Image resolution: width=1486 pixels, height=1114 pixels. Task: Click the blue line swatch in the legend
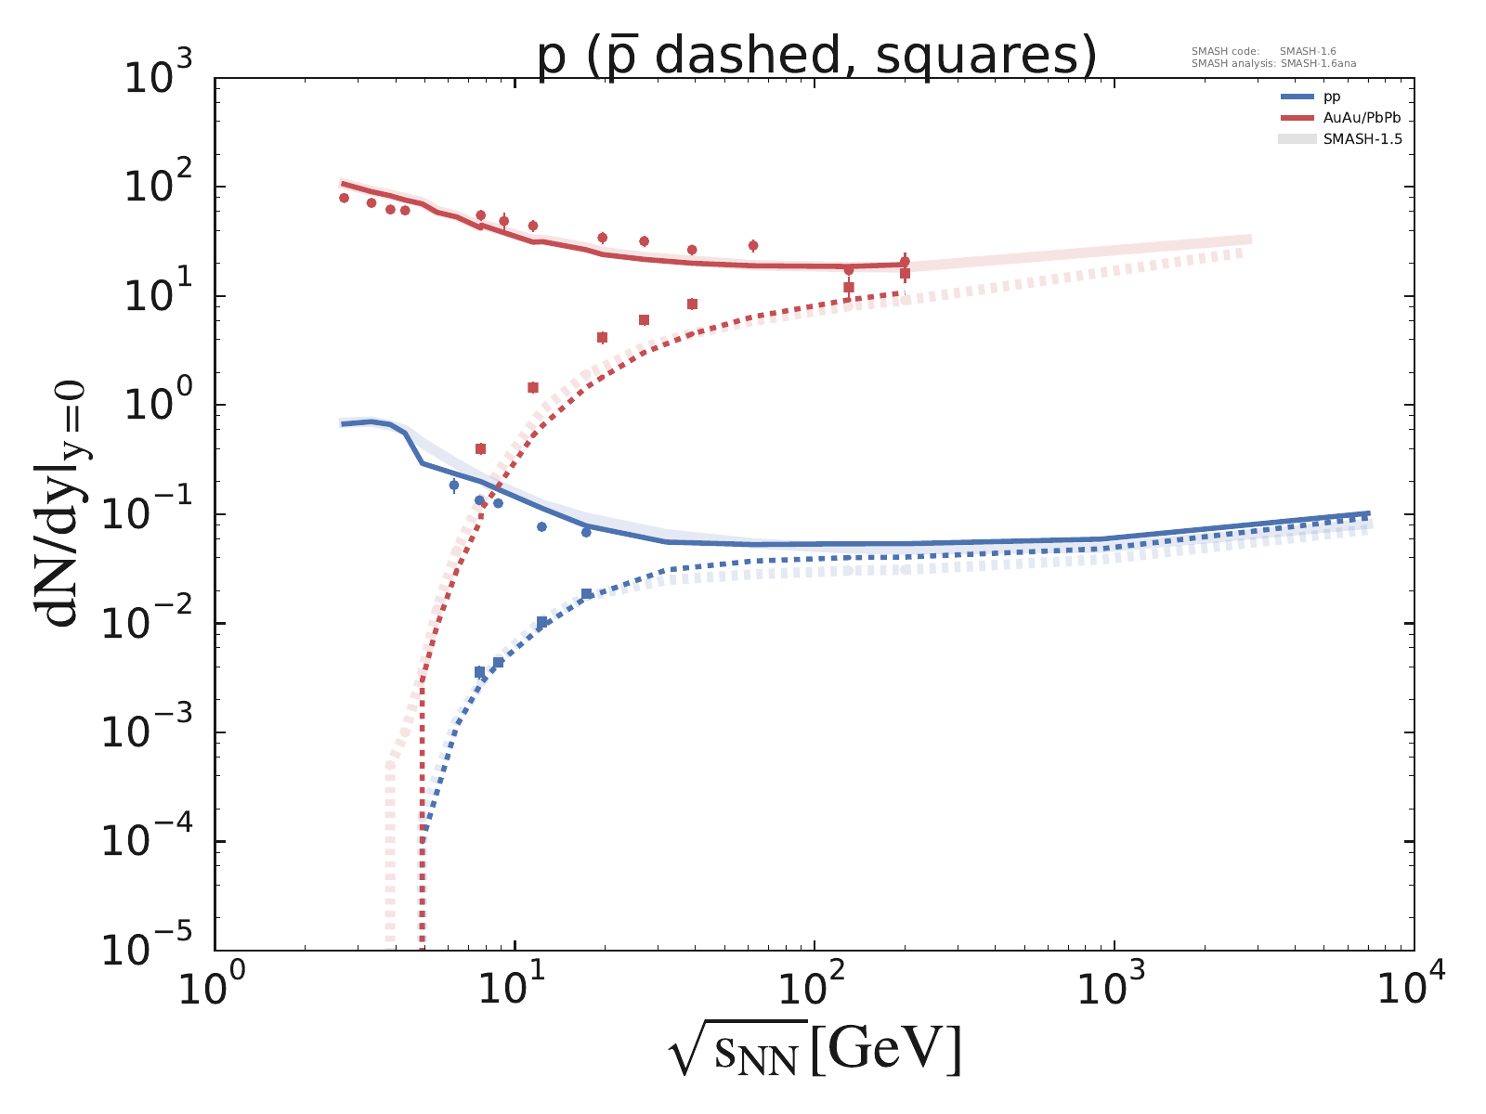pos(1297,97)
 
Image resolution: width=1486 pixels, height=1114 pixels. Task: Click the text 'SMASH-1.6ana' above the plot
pos(1318,64)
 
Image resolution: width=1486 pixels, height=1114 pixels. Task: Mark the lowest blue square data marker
pos(479,671)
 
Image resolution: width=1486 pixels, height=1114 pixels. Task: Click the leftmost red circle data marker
pos(344,198)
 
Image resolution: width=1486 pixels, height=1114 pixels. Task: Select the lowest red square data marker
pos(480,448)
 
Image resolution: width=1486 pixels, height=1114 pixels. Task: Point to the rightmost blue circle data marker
pos(586,532)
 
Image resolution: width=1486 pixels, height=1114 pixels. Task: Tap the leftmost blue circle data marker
pos(454,485)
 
